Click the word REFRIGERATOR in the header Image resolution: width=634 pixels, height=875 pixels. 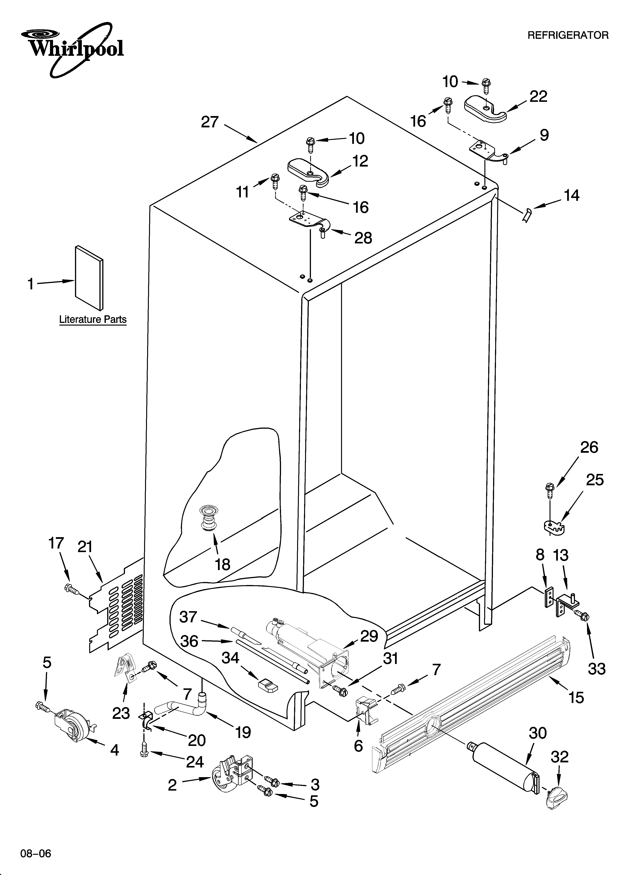pyautogui.click(x=568, y=36)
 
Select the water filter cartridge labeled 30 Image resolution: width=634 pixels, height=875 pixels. pyautogui.click(x=506, y=768)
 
